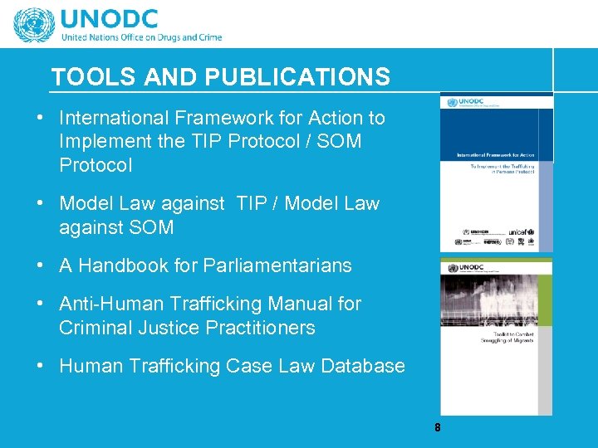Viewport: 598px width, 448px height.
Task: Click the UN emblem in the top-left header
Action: point(33,24)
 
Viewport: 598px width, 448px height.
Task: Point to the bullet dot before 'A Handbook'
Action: point(41,265)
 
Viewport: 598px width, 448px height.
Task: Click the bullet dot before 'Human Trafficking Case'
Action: point(41,366)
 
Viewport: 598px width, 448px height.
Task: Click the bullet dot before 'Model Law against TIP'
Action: point(41,203)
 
